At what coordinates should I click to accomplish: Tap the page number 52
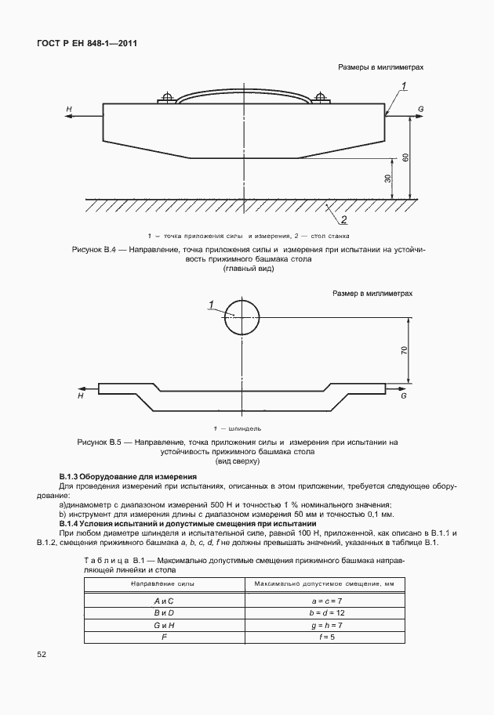coord(42,653)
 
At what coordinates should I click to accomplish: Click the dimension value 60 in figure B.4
coord(405,157)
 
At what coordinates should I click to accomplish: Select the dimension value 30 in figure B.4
coord(387,179)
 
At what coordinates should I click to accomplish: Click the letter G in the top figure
coord(421,108)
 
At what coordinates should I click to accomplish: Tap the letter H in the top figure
coord(69,108)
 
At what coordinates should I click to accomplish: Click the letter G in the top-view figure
coord(403,396)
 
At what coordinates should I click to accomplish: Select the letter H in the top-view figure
coord(81,396)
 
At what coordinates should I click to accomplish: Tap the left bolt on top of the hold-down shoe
coord(166,99)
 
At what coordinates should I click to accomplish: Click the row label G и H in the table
coord(164,624)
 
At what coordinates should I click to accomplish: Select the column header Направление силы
coord(164,583)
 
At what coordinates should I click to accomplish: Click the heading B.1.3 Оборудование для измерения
coord(128,477)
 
